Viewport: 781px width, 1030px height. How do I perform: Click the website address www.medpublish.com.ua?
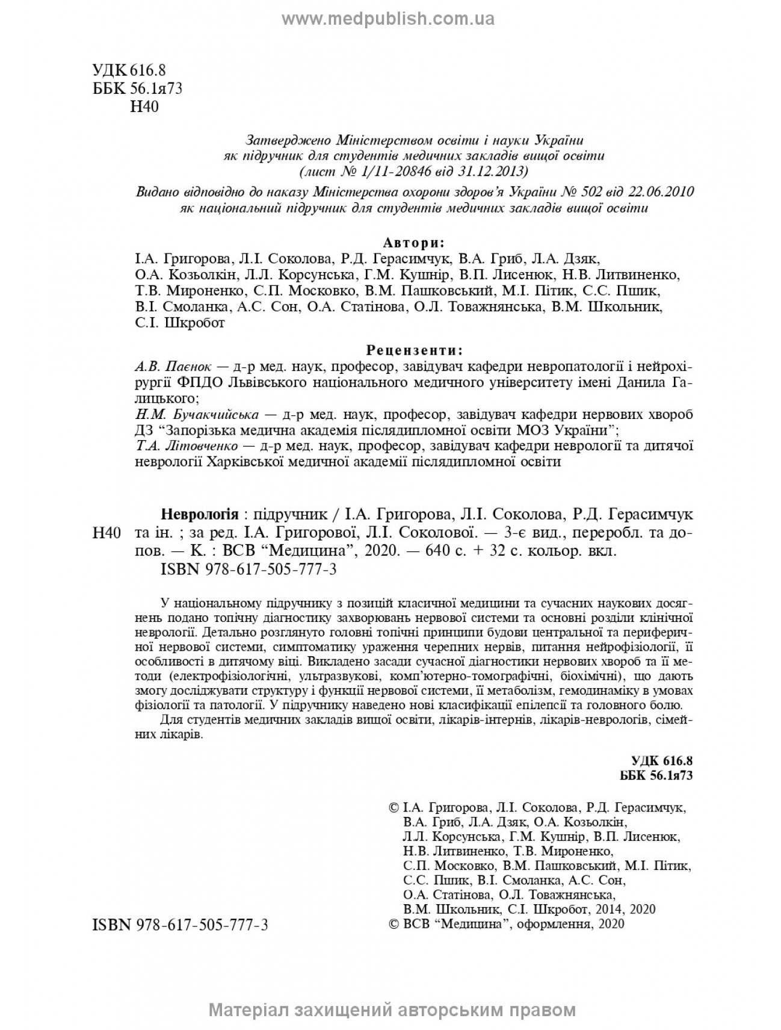tap(388, 19)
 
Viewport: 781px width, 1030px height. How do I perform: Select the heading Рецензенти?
tap(415, 350)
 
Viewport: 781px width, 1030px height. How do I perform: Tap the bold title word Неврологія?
tap(199, 515)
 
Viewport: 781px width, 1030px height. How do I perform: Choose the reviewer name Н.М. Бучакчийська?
tap(197, 415)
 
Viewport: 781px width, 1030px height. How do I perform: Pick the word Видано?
tap(155, 192)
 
